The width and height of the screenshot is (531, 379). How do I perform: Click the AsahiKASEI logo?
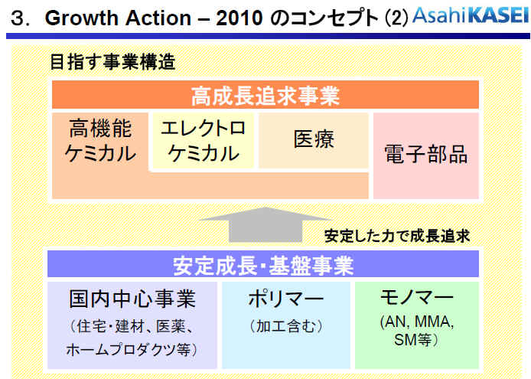pos(471,16)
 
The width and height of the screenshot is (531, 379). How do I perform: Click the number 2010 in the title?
pos(239,18)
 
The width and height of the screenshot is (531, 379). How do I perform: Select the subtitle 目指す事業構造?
pos(112,62)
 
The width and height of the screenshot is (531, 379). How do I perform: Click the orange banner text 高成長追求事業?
pos(265,95)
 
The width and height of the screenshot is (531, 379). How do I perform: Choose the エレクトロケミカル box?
pos(203,141)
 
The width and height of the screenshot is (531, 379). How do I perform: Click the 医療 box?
pos(314,140)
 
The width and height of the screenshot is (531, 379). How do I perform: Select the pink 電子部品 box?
pos(426,155)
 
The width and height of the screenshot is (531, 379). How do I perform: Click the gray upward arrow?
pos(265,224)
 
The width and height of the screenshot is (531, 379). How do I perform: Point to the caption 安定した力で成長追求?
pos(397,237)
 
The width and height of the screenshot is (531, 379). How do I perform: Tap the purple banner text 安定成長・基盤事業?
pos(263,266)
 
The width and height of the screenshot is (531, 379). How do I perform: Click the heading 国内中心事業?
pos(132,299)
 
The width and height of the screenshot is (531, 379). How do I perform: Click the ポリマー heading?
pos(285,299)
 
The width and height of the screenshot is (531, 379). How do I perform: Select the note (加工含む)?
pos(286,326)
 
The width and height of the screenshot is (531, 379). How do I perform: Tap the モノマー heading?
pos(416,297)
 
